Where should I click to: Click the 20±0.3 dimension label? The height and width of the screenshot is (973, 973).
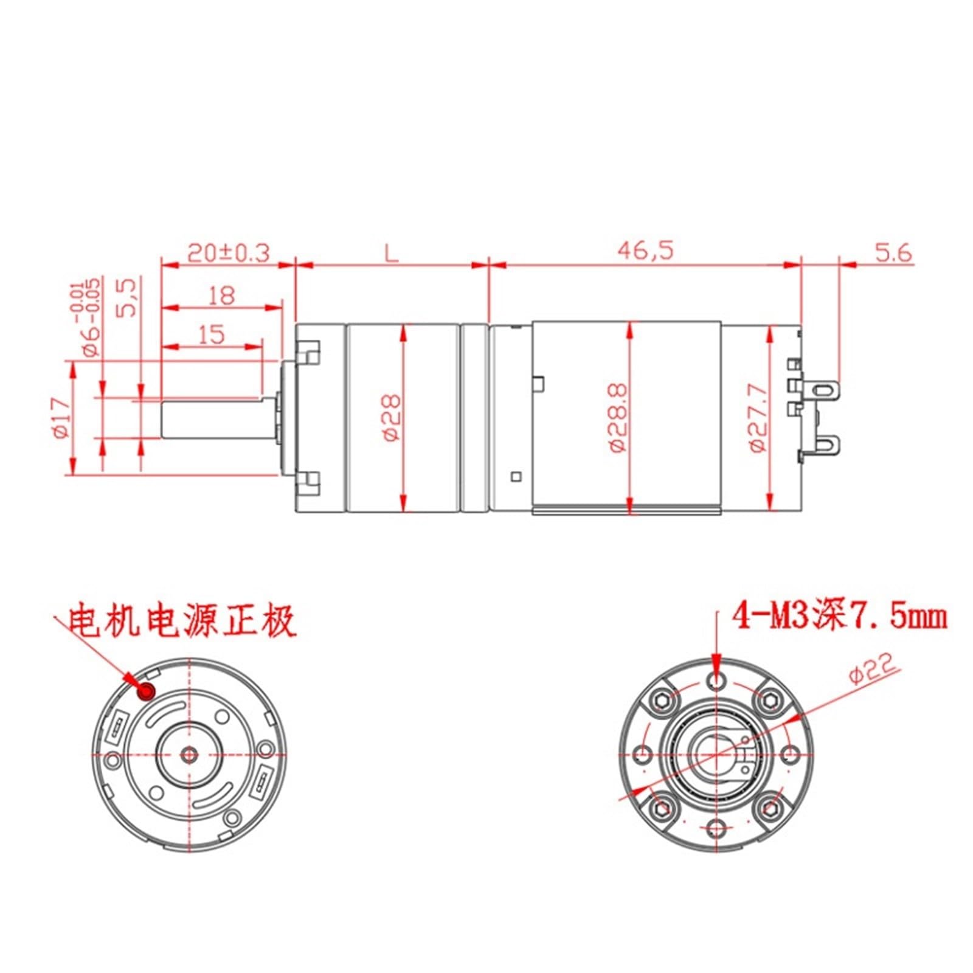228,252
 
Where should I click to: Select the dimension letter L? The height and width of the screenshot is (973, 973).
392,252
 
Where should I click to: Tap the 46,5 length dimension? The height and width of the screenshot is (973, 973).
645,250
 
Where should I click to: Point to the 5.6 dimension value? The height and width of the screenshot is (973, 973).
893,252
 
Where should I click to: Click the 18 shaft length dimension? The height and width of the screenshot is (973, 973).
221,296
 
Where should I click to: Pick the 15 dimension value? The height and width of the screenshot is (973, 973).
212,334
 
